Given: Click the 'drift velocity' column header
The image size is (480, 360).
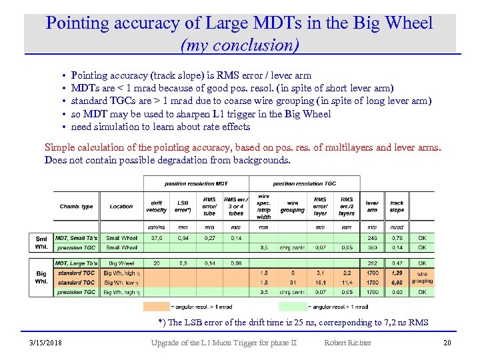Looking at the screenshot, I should click(156, 207).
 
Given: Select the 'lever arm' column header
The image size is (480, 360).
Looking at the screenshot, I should click(372, 207).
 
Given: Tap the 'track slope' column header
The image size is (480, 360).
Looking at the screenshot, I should click(397, 207).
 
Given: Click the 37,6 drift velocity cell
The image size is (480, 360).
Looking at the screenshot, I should click(156, 237).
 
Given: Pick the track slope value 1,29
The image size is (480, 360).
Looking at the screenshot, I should click(397, 273).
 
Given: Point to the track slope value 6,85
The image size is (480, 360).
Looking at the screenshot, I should click(397, 282).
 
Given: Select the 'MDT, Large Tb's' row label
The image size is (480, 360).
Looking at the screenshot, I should click(76, 263).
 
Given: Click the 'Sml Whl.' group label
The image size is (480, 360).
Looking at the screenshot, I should click(41, 242).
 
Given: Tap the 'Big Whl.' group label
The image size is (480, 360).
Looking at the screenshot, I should click(41, 277).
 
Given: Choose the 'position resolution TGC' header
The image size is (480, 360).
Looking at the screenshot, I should click(304, 183).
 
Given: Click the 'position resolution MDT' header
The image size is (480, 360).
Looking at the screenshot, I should click(196, 183).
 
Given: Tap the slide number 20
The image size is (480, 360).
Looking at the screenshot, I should click(446, 343).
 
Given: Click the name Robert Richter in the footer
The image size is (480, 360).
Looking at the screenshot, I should click(347, 343).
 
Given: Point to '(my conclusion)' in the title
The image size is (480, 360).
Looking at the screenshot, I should click(239, 45).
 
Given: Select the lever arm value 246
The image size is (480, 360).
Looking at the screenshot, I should click(372, 237).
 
